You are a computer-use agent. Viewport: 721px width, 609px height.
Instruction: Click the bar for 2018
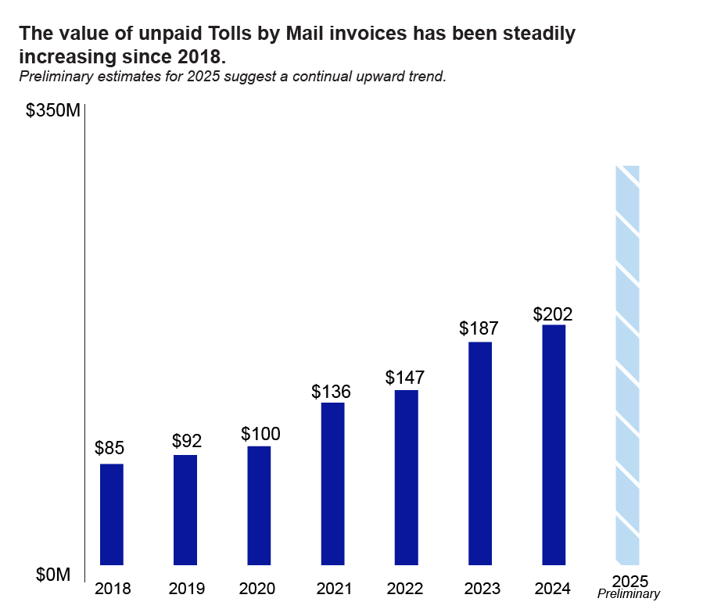[x=112, y=514]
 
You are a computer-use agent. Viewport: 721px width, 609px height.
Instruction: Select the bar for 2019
[x=185, y=509]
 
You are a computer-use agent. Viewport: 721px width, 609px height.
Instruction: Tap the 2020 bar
[x=259, y=504]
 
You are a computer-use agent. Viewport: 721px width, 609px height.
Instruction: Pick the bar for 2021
[x=332, y=483]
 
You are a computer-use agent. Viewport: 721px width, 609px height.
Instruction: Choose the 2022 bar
[x=406, y=477]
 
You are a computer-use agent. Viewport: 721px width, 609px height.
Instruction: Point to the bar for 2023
[x=480, y=453]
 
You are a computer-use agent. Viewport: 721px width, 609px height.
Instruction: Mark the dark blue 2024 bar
[x=554, y=444]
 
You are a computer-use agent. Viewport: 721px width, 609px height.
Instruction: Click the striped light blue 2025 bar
[x=628, y=365]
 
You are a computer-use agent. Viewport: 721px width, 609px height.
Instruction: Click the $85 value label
[x=109, y=449]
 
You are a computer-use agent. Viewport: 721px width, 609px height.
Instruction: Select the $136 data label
[x=331, y=392]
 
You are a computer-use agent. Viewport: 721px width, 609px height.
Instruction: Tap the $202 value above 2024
[x=553, y=314]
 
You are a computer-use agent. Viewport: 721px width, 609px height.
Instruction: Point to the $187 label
[x=479, y=328]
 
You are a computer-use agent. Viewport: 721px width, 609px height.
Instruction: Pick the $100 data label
[x=260, y=434]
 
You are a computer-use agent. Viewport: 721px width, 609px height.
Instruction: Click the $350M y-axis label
[x=52, y=111]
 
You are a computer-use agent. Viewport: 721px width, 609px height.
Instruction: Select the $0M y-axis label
[x=53, y=575]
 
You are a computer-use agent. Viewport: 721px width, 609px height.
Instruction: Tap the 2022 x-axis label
[x=404, y=589]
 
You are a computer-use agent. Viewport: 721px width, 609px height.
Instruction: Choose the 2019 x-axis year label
[x=186, y=589]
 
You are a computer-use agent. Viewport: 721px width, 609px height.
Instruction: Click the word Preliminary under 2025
[x=629, y=595]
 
